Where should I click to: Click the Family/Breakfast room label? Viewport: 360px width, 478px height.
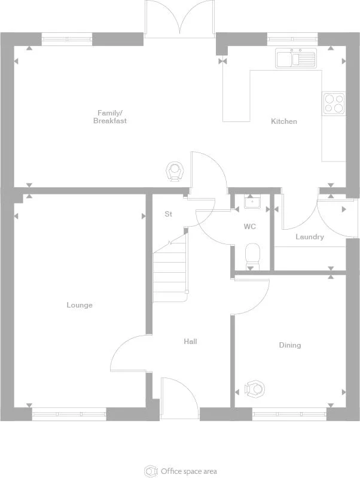coord(109,117)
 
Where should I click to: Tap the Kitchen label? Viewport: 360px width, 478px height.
coord(283,121)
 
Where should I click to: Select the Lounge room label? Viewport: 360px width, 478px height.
coord(80,305)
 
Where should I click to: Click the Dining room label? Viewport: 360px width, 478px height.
coord(290,345)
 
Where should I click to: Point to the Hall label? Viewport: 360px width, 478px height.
coord(190,342)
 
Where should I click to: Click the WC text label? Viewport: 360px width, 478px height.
coord(250,227)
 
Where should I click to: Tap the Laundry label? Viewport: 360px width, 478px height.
coord(309,237)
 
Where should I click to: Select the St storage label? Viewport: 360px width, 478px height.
coord(169,214)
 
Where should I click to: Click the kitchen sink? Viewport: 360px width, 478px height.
coord(295,59)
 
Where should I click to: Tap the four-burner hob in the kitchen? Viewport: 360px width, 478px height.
coord(334,103)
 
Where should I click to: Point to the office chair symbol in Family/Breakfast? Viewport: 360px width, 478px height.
coord(174,171)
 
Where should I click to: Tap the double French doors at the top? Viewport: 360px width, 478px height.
coord(179,18)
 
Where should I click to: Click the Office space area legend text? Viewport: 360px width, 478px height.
coord(188,471)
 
